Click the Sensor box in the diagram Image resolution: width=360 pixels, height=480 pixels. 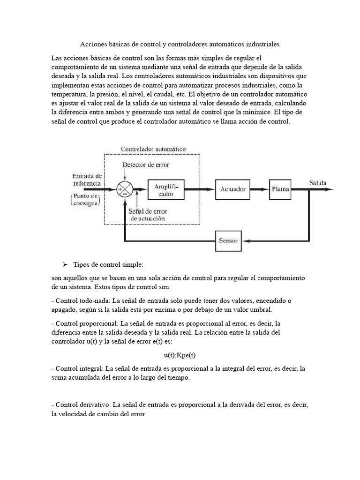tap(228, 241)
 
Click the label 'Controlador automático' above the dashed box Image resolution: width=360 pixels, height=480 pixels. tap(153, 149)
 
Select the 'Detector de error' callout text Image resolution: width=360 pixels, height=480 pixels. tap(146, 165)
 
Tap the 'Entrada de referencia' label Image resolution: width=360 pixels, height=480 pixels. tap(87, 179)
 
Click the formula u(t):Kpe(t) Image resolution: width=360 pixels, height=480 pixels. tap(180, 356)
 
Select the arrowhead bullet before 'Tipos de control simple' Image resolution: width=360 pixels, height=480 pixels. tap(66, 265)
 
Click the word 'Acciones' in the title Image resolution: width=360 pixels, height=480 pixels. tap(93, 45)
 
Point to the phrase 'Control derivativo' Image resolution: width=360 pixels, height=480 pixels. tap(82, 404)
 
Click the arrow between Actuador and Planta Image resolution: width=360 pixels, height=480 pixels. tap(259, 189)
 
